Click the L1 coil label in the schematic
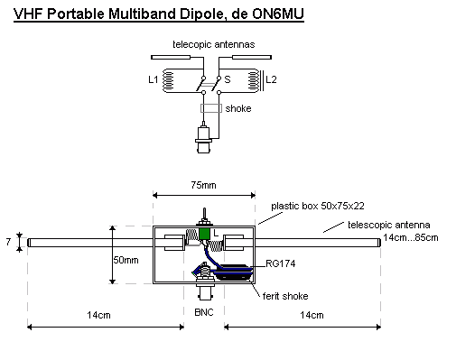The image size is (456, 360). (154, 79)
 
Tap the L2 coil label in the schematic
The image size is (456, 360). (271, 79)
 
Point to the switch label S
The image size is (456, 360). (228, 79)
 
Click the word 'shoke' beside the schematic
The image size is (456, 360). (238, 108)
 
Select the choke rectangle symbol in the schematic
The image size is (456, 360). (211, 108)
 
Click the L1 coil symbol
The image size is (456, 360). (168, 80)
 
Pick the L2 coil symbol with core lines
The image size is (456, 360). (256, 80)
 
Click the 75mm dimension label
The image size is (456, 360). (203, 185)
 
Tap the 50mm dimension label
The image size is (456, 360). (126, 260)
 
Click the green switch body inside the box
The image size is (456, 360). (205, 234)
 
